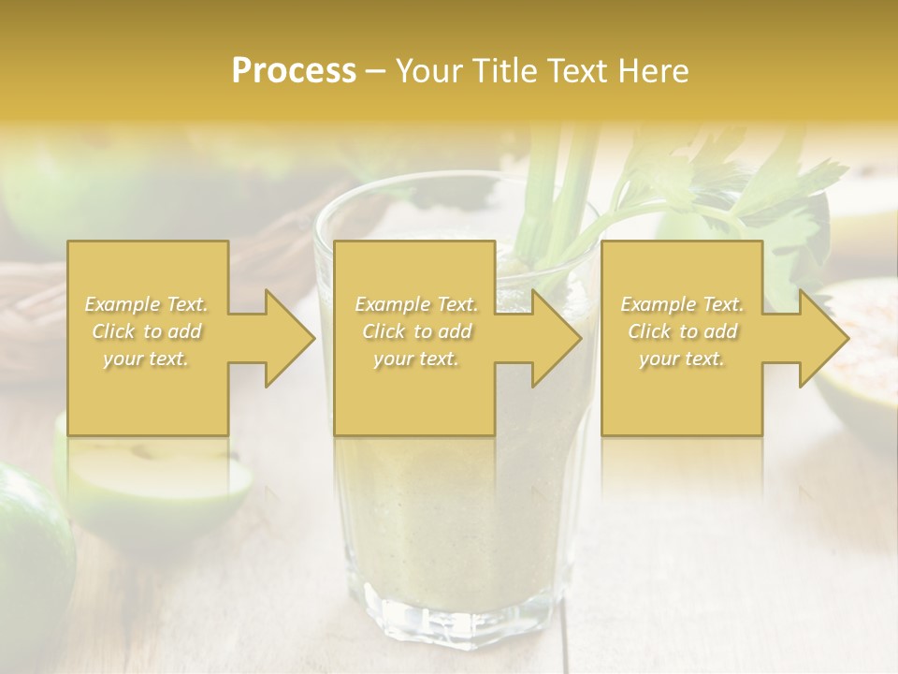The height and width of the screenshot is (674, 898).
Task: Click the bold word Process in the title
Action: coord(294,71)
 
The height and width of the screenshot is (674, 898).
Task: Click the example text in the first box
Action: coord(147,331)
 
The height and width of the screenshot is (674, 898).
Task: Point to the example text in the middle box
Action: coord(415,331)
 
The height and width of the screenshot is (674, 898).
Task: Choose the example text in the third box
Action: coord(682,331)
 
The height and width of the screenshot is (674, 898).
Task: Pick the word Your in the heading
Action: coord(425,71)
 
